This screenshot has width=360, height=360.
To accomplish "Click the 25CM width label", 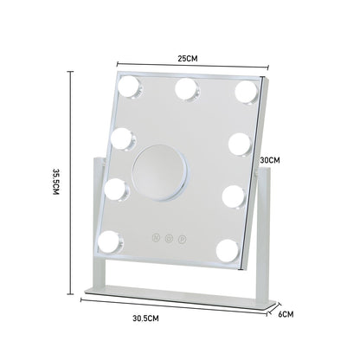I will (188, 58).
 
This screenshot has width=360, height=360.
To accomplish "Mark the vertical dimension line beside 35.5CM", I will (71, 182).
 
